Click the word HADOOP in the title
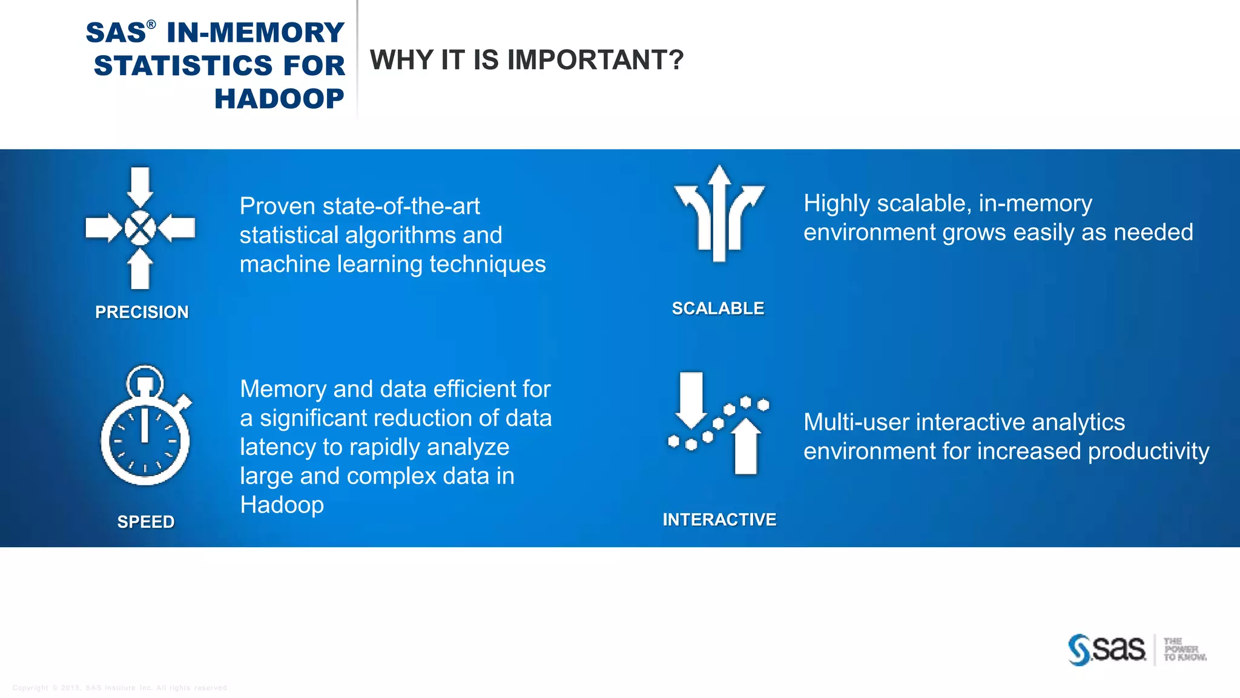[x=279, y=99]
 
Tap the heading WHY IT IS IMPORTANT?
[x=526, y=60]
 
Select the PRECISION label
[x=142, y=312]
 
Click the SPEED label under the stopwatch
[x=146, y=522]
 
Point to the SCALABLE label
[x=718, y=308]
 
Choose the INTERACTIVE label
[x=719, y=520]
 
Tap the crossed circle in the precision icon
[x=140, y=228]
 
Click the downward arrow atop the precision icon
[x=140, y=187]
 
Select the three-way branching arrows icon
[x=719, y=213]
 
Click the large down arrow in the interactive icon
[x=691, y=399]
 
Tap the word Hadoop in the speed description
[x=282, y=505]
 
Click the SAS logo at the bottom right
[x=1107, y=650]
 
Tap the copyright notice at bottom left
[x=119, y=688]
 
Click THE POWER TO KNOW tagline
[x=1184, y=650]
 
